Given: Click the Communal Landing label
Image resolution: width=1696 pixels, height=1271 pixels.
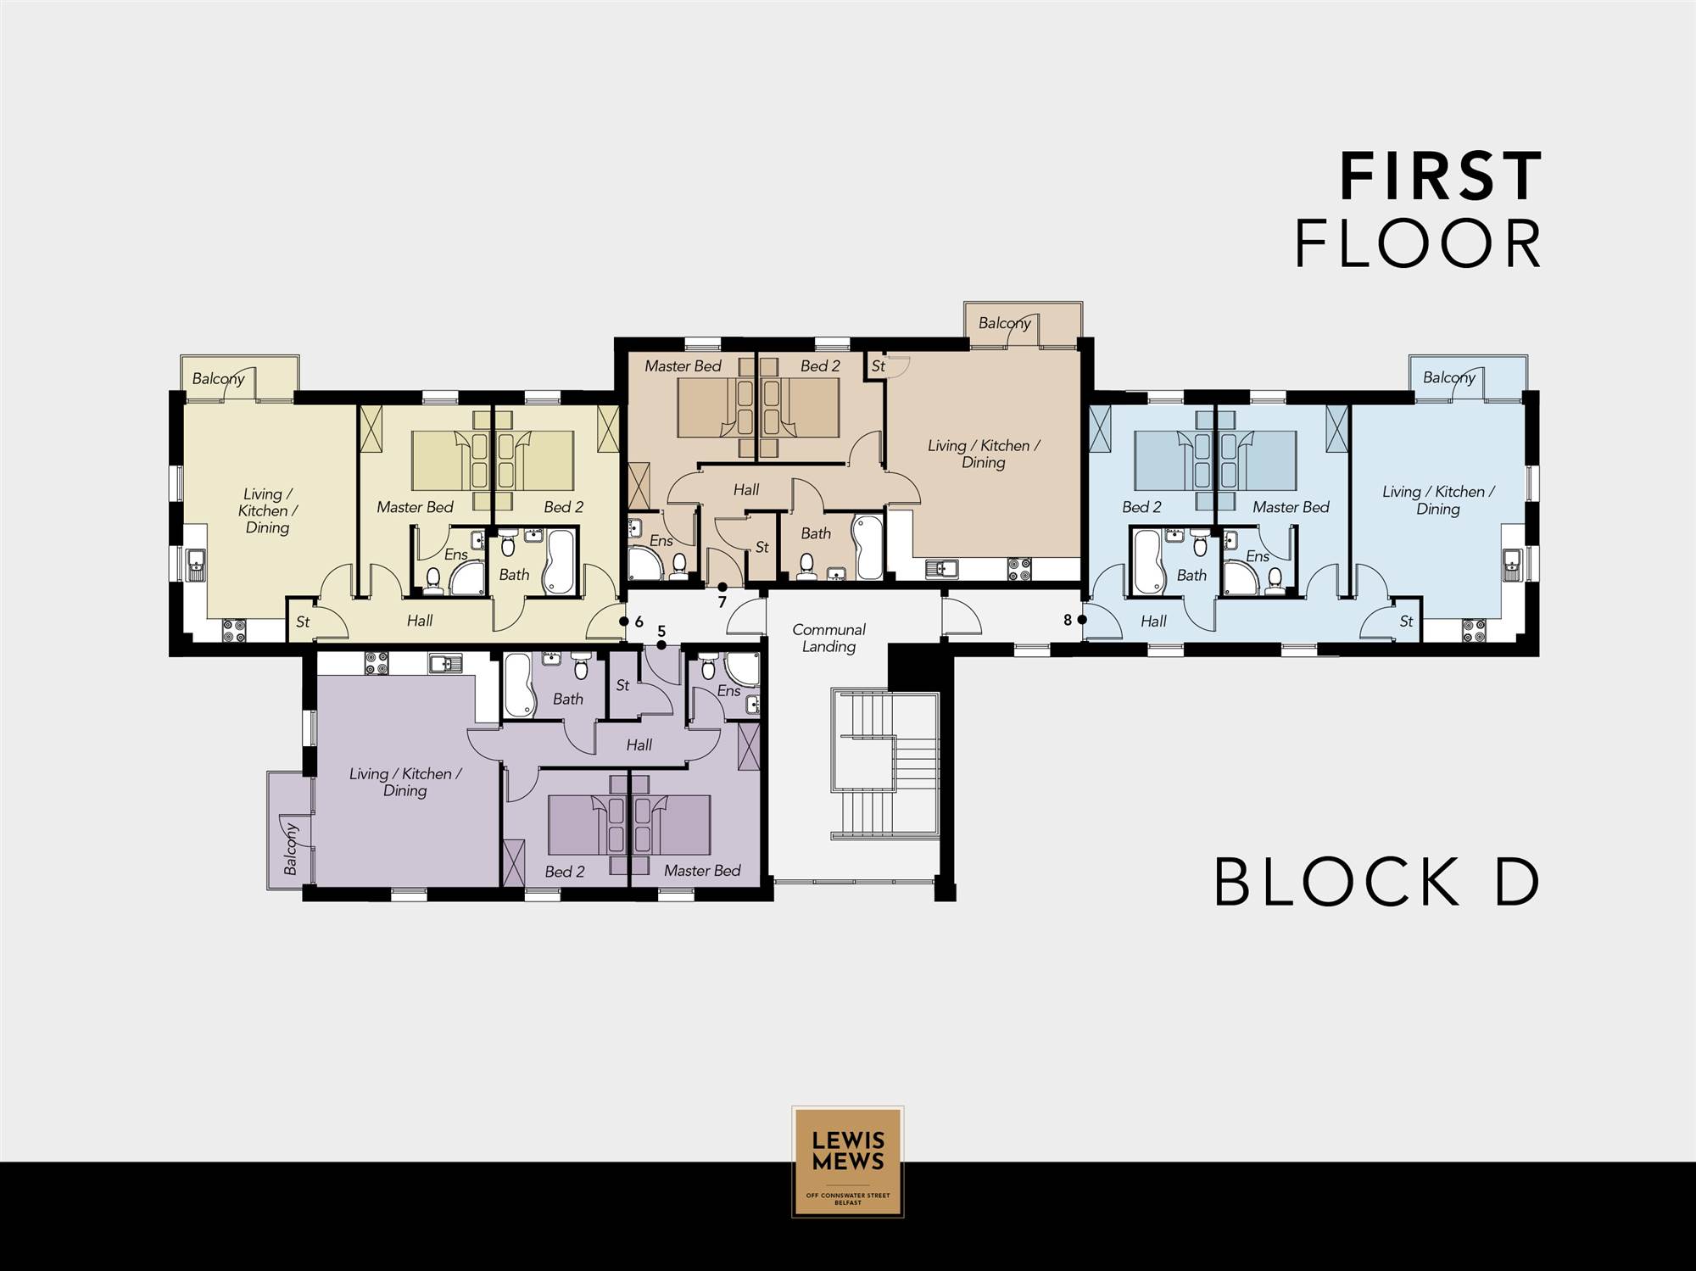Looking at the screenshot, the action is [x=828, y=638].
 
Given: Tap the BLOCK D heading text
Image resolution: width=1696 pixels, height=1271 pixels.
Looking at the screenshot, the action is [x=1376, y=882].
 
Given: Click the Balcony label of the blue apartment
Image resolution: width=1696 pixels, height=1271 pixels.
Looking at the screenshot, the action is [x=1449, y=377].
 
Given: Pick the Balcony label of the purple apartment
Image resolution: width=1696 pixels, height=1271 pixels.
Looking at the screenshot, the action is [x=290, y=848].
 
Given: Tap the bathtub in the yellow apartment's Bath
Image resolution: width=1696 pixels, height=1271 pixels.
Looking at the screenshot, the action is [x=559, y=560].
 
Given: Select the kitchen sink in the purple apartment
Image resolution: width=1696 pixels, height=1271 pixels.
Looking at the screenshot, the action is [x=444, y=662].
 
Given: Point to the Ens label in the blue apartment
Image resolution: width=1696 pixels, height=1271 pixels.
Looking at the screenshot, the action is [x=1258, y=556].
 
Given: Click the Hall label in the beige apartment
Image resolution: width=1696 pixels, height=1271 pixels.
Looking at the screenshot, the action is [x=746, y=489].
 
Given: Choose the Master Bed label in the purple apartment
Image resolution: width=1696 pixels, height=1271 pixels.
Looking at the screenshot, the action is [x=702, y=871].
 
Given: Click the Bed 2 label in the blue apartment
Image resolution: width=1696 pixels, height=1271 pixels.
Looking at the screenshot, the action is [x=1141, y=507].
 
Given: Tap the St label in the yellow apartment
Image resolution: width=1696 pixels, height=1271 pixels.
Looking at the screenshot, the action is [x=303, y=622].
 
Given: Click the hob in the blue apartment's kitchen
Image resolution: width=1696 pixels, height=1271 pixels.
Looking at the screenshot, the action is [x=1473, y=630].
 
